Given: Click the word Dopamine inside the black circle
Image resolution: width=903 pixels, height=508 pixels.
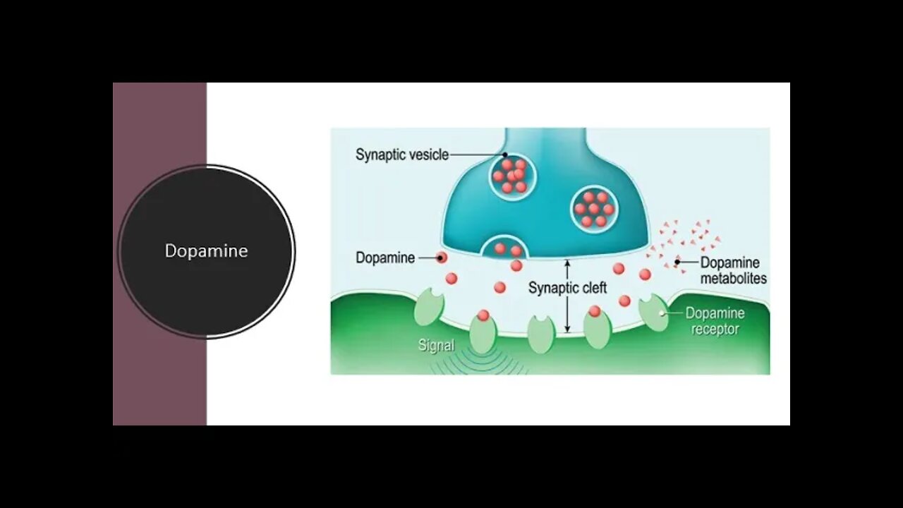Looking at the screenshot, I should click(206, 251).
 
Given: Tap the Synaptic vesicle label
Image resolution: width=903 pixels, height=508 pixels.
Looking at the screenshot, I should click(401, 155).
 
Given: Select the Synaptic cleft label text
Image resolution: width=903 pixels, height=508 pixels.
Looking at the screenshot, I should click(567, 288).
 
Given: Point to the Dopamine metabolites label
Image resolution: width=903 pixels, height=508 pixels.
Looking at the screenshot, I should click(733, 270).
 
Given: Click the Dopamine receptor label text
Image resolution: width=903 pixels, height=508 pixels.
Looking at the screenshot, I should click(714, 320).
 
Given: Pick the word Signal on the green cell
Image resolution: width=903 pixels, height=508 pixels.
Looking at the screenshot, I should click(436, 346).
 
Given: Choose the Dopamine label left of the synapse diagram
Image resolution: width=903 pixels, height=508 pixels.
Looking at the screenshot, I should click(385, 258).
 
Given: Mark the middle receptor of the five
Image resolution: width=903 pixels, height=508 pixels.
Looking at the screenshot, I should click(541, 334).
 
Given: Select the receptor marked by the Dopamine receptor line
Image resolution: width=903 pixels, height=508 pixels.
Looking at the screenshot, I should click(653, 313).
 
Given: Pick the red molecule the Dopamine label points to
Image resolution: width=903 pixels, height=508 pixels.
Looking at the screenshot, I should click(442, 258).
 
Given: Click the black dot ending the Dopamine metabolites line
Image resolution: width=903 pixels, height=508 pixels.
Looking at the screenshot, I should click(677, 262).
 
